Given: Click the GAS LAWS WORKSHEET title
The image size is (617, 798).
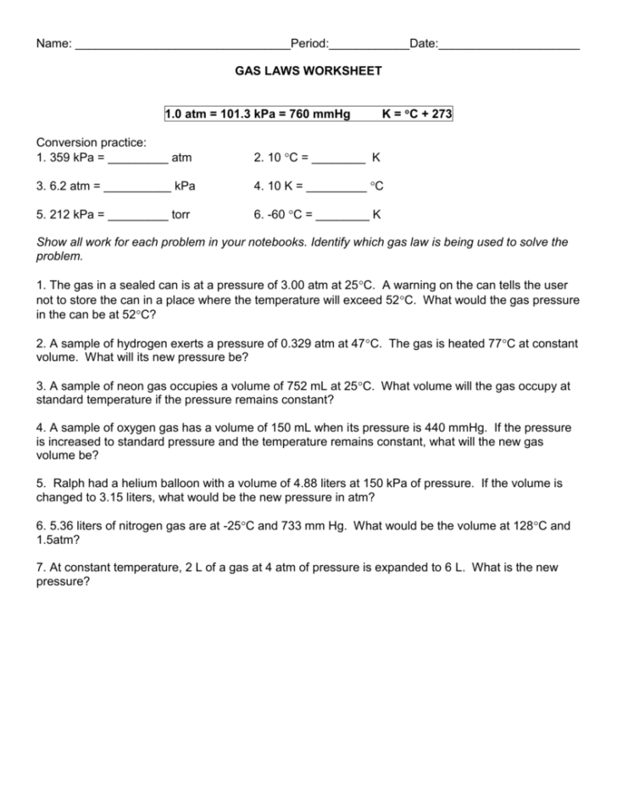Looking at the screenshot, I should tap(308, 71).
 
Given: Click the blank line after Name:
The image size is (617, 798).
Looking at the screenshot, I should tap(181, 44).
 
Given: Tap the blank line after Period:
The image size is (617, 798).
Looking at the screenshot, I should tap(369, 44).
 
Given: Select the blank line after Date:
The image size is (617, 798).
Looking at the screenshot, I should tap(509, 44).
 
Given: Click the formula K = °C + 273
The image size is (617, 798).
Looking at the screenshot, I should tap(417, 114).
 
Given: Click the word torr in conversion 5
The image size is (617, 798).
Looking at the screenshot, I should tap(181, 214).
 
